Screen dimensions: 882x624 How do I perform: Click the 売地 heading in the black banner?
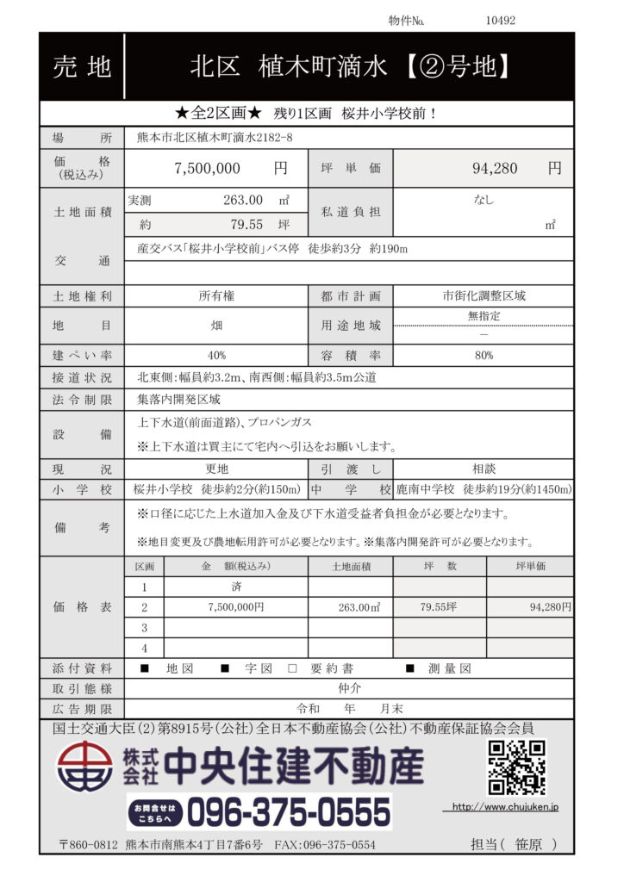[x=82, y=66]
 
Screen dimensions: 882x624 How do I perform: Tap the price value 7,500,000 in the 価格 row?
[x=207, y=169]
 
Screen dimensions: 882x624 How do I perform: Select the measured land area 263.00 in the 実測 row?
[x=243, y=200]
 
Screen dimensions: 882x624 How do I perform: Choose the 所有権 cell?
[x=216, y=295]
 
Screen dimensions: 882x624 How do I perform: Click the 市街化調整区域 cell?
[x=484, y=295]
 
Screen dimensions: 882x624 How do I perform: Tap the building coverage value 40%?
[x=216, y=355]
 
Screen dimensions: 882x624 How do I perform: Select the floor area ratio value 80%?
[x=484, y=355]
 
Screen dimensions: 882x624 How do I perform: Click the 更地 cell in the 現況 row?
[x=216, y=470]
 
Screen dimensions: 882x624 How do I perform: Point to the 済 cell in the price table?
[x=235, y=587]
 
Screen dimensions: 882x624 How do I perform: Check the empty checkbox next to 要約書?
[x=292, y=668]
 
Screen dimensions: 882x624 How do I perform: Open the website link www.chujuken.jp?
[x=506, y=807]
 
